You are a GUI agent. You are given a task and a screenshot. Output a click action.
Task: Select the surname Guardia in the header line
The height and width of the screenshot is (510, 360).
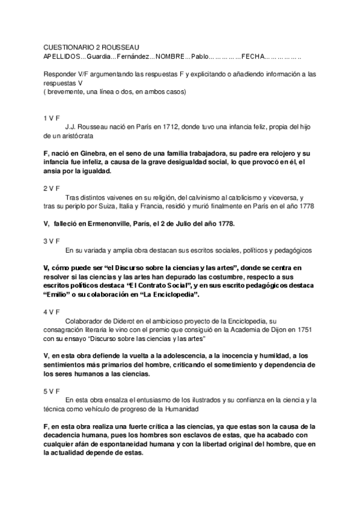point(99,56)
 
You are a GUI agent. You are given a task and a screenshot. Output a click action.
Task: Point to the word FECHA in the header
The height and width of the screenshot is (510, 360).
point(252,56)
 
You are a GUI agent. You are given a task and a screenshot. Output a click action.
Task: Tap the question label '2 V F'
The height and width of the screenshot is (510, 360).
point(52,188)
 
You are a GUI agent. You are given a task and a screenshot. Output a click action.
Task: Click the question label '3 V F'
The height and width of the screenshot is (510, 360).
point(52,241)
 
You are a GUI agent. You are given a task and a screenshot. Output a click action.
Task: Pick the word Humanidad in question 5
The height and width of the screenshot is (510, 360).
point(180,409)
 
